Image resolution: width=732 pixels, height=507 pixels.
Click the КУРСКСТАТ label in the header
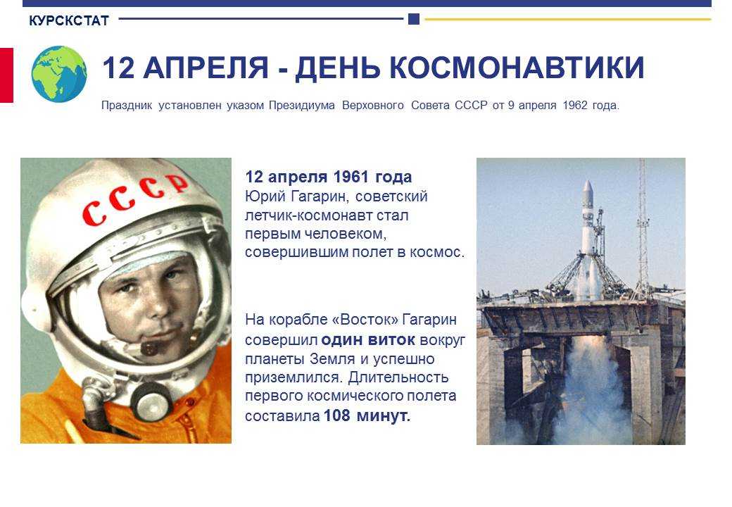click(69, 20)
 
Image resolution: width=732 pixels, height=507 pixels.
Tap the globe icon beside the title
click(59, 74)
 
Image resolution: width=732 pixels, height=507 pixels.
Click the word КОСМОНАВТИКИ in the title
click(517, 68)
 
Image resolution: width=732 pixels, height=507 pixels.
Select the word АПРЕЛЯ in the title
click(206, 68)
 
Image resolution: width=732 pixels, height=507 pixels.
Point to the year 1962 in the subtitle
click(574, 106)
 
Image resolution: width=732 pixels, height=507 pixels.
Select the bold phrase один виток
click(368, 340)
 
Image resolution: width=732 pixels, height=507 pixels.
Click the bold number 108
click(336, 415)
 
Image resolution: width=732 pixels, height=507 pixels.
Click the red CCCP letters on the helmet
click(135, 199)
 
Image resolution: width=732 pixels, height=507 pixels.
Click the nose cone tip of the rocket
click(587, 182)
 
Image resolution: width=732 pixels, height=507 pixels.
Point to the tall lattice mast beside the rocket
click(643, 229)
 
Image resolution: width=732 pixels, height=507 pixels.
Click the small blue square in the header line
click(414, 19)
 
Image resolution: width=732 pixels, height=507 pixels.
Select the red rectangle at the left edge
click(6, 75)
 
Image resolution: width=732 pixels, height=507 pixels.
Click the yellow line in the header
click(568, 20)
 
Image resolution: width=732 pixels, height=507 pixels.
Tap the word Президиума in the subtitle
click(301, 106)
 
